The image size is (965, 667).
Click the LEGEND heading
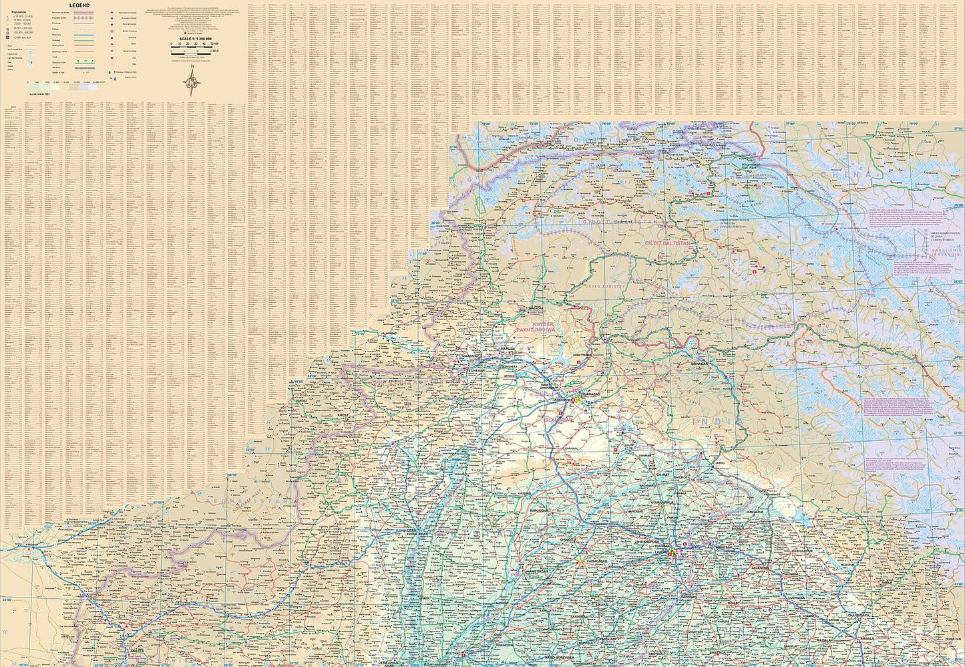point(79,6)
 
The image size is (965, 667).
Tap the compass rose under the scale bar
point(193,83)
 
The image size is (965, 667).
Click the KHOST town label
point(343,415)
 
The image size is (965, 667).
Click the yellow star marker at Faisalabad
point(580,562)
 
